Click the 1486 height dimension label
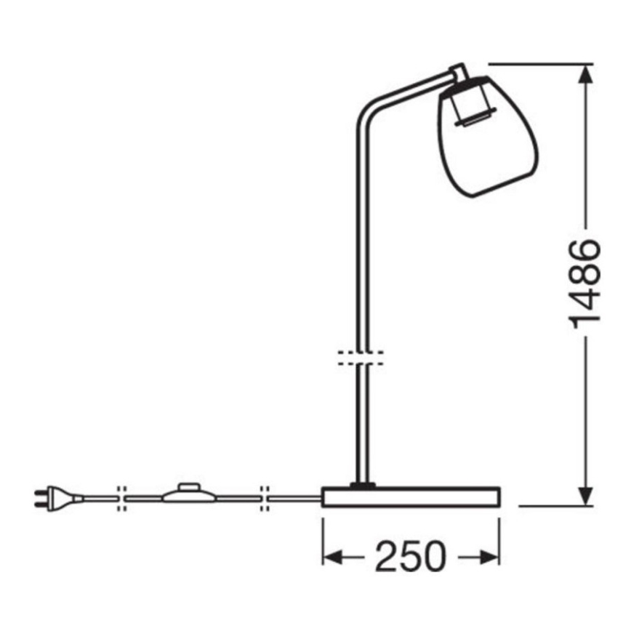point(585,284)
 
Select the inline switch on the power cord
point(190,495)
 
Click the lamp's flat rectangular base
point(410,498)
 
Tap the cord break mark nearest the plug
point(121,497)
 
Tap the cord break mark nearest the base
point(265,497)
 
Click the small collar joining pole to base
point(361,483)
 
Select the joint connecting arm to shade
point(458,72)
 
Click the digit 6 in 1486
point(585,252)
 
